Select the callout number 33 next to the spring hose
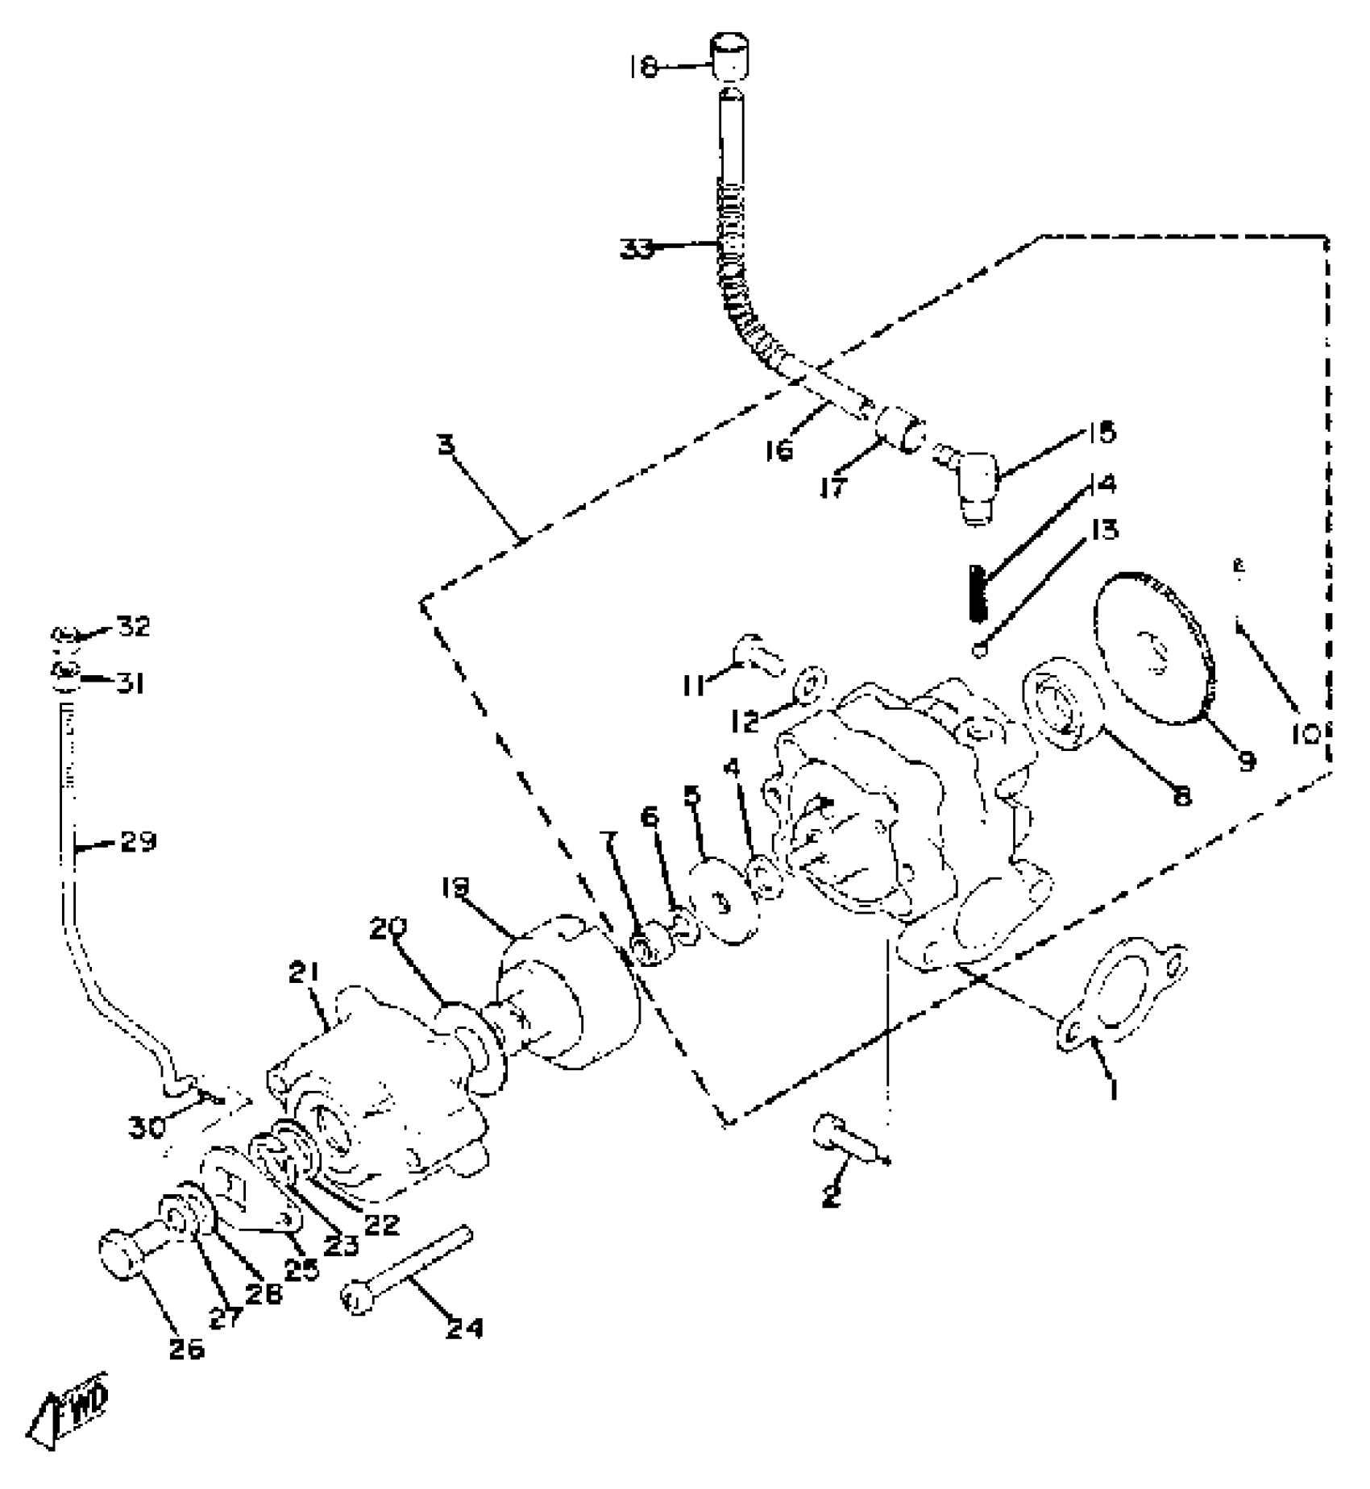pos(637,249)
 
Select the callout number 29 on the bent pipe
pos(138,843)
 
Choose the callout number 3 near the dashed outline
pos(446,444)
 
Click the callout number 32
pos(133,626)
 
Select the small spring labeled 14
pos(977,593)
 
